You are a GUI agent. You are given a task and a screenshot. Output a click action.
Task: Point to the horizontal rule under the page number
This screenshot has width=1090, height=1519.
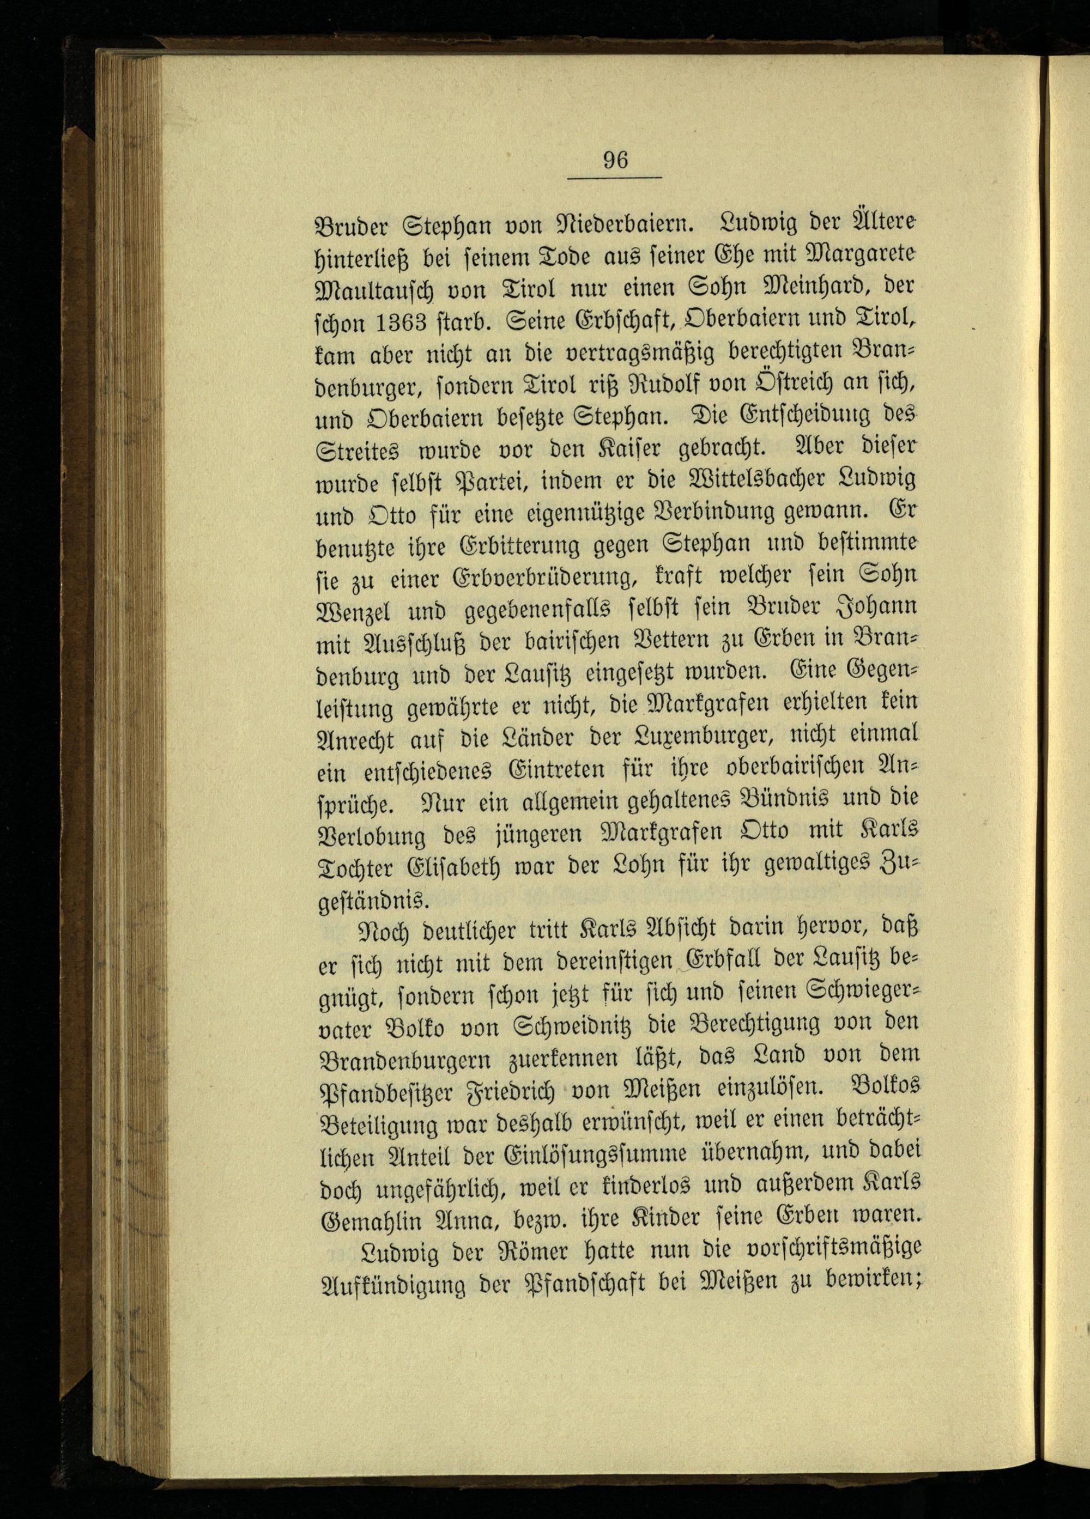[614, 178]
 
